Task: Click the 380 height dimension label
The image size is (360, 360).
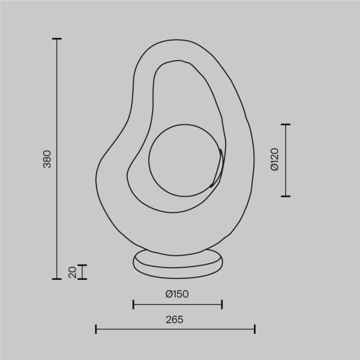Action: (47, 158)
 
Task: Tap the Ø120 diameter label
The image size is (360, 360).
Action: (274, 160)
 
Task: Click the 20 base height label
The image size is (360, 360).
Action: (73, 272)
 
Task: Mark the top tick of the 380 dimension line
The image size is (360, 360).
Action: (57, 39)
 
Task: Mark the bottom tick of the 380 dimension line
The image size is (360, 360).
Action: (57, 279)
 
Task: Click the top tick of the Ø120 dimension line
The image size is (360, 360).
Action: (286, 124)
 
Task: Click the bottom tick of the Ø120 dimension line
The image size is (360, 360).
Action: (286, 196)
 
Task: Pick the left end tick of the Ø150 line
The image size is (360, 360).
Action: (133, 305)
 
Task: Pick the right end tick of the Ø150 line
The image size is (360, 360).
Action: (222, 305)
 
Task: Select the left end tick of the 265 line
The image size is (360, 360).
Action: (96, 329)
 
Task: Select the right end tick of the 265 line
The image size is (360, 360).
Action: (255, 329)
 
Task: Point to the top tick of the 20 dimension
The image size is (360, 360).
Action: (82, 265)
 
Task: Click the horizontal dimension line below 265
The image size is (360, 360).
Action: (175, 329)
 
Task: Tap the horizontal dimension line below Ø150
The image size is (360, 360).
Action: (178, 305)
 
